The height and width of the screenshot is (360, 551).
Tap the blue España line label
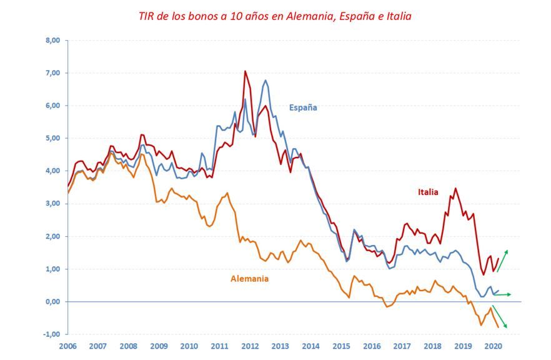tap(303, 107)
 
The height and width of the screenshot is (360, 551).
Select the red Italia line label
tap(428, 192)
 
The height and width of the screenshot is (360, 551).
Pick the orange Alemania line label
tap(249, 279)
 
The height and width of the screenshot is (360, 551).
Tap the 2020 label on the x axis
tap(493, 346)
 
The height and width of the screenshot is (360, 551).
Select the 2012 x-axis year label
tap(250, 346)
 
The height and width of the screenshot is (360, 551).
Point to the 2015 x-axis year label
tap(341, 346)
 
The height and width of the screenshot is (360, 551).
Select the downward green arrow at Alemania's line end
tap(499, 317)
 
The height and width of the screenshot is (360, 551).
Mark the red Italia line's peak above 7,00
tap(245, 71)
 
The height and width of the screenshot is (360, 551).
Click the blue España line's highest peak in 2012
tap(266, 80)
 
